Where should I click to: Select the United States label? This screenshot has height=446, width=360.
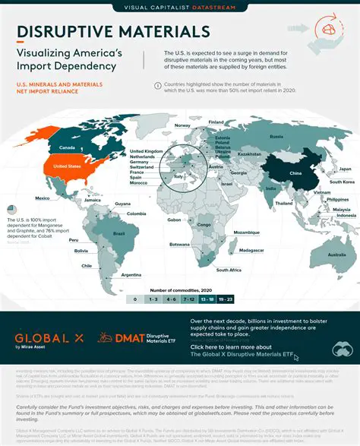coord(64,165)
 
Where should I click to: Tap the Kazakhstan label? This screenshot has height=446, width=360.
coord(248,153)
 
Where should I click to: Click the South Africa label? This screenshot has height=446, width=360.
coord(229,270)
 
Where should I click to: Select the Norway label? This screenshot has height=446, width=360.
coord(182,125)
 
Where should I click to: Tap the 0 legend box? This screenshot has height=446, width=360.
coord(135,300)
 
